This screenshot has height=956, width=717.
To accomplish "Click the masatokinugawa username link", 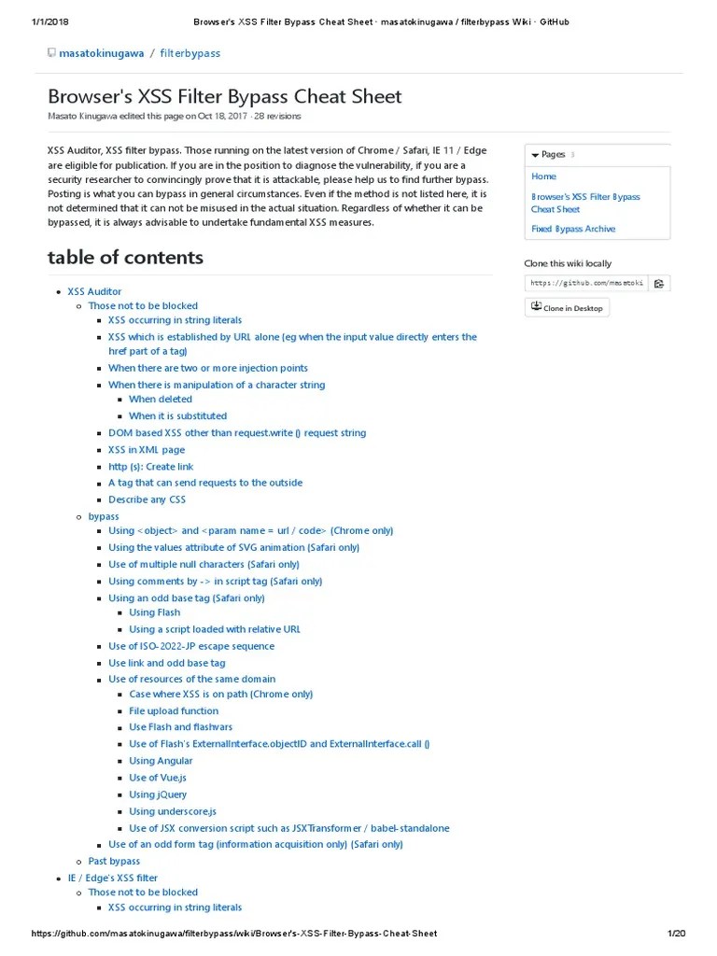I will pyautogui.click(x=101, y=53).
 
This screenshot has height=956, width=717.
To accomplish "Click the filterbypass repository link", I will pyautogui.click(x=190, y=53).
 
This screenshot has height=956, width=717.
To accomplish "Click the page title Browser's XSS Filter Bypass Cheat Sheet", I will pyautogui.click(x=224, y=96).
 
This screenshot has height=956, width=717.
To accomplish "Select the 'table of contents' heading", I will pyautogui.click(x=125, y=257).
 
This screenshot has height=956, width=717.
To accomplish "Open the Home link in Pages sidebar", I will pyautogui.click(x=543, y=176).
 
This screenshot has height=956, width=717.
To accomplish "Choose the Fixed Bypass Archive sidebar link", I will pyautogui.click(x=573, y=229).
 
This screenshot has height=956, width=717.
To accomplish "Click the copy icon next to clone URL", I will pyautogui.click(x=658, y=283).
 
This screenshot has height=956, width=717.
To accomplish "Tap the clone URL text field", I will pyautogui.click(x=585, y=283).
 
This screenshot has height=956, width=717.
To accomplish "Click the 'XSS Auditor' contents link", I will pyautogui.click(x=94, y=291).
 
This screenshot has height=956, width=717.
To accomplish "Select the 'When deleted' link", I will pyautogui.click(x=161, y=400).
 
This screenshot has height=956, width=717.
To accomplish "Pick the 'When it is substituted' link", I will pyautogui.click(x=177, y=416).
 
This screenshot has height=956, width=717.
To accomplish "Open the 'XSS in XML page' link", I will pyautogui.click(x=147, y=450).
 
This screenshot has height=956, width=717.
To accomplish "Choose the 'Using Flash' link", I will pyautogui.click(x=155, y=612).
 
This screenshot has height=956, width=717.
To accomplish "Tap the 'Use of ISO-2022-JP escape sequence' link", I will pyautogui.click(x=191, y=646).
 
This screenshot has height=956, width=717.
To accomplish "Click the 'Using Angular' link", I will pyautogui.click(x=161, y=761).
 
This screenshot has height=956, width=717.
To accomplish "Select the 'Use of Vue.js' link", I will pyautogui.click(x=158, y=778).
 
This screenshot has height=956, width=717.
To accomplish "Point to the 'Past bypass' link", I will pyautogui.click(x=114, y=861).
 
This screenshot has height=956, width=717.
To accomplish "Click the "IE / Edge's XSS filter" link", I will pyautogui.click(x=113, y=878).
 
